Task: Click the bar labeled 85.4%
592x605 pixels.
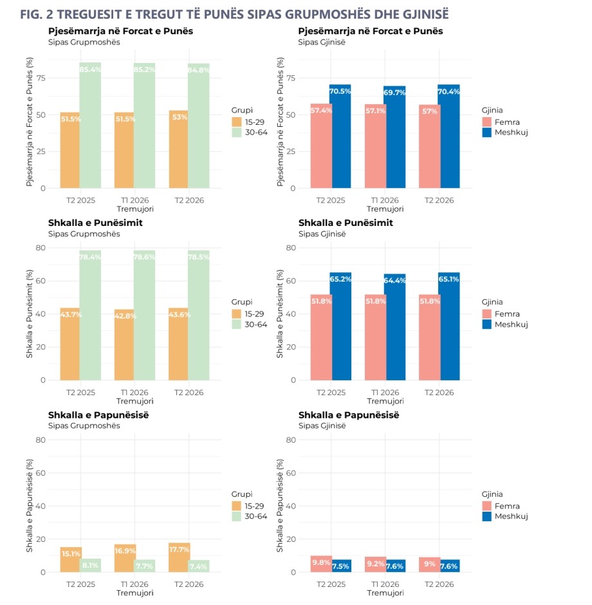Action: tap(90, 126)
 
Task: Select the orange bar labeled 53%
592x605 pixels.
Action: tap(178, 149)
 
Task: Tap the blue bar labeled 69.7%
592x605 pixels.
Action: tap(394, 137)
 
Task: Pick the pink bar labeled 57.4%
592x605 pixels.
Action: tap(321, 146)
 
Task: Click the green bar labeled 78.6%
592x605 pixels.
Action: tap(145, 315)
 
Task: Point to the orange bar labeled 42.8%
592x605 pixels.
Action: tap(124, 345)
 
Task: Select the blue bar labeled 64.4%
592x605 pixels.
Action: tap(394, 327)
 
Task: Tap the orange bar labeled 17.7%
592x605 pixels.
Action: tap(180, 557)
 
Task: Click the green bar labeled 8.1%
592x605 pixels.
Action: tap(91, 566)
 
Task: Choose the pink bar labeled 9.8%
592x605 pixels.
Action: tap(321, 564)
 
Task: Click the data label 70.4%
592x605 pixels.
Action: tap(449, 91)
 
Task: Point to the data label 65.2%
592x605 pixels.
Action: tap(340, 279)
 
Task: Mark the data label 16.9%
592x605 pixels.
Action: tap(125, 551)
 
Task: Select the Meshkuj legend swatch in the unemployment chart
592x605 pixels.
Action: tap(486, 516)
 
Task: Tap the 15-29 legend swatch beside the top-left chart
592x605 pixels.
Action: tap(236, 122)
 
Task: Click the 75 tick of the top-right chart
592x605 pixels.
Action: tap(291, 78)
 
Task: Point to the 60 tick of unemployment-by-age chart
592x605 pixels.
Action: tap(41, 473)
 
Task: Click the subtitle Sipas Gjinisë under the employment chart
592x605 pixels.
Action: tap(322, 234)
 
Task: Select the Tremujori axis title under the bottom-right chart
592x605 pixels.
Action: tap(385, 593)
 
